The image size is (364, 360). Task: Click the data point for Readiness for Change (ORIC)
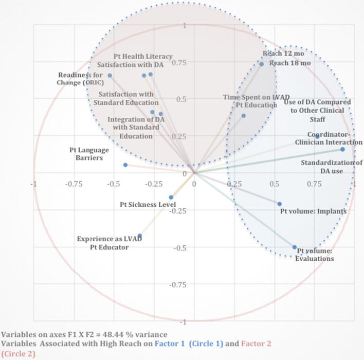click(x=110, y=76)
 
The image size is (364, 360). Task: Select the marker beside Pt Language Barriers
click(x=125, y=165)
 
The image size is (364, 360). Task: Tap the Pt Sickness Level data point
click(x=171, y=197)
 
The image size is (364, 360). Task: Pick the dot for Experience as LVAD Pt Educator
click(x=140, y=236)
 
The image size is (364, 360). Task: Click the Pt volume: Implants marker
click(x=280, y=204)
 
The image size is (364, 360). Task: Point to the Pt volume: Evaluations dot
click(x=295, y=247)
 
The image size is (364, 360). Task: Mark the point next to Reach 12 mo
click(x=261, y=64)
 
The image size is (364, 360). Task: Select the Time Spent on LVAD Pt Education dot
click(x=244, y=116)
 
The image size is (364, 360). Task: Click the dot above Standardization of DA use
click(x=342, y=150)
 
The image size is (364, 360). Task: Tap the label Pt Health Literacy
click(x=143, y=56)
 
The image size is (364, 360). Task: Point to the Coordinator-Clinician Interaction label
click(x=328, y=139)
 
